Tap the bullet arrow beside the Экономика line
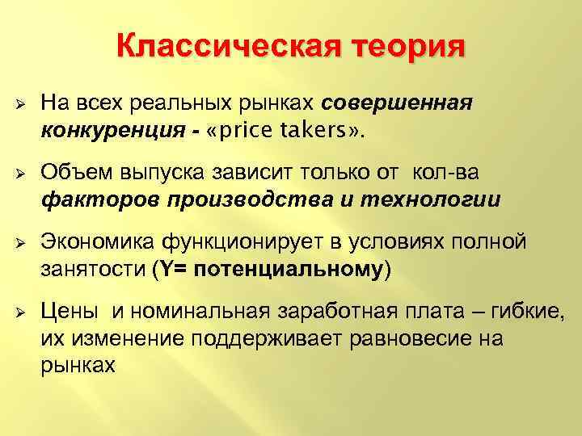click(x=20, y=242)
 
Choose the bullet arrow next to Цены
click(x=20, y=311)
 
